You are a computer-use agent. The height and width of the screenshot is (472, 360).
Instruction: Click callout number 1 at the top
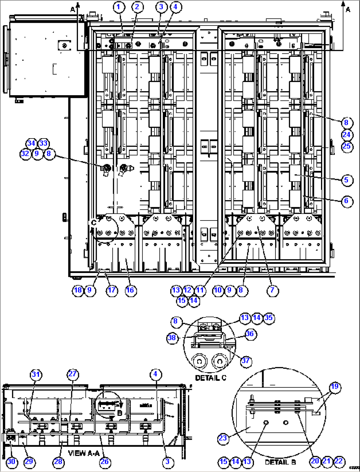pyautogui.click(x=119, y=7)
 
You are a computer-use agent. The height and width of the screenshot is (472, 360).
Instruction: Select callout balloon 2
pyautogui.click(x=137, y=7)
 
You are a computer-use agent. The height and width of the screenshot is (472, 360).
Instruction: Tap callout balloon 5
pyautogui.click(x=346, y=180)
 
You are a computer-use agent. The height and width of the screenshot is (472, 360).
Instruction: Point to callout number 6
pyautogui.click(x=346, y=201)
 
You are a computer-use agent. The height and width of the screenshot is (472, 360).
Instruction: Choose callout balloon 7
pyautogui.click(x=272, y=290)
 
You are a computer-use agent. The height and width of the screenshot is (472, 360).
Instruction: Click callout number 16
pyautogui.click(x=130, y=290)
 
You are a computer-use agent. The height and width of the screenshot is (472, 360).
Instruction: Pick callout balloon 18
pyautogui.click(x=78, y=290)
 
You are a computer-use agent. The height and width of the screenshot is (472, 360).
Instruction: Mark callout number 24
pyautogui.click(x=346, y=135)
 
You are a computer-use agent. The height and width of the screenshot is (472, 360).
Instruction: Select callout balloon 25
pyautogui.click(x=346, y=146)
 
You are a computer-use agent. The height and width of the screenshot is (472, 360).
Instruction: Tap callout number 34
pyautogui.click(x=31, y=143)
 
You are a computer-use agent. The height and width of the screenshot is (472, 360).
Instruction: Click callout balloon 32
pyautogui.click(x=25, y=154)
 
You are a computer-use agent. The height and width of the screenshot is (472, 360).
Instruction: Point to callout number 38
pyautogui.click(x=172, y=338)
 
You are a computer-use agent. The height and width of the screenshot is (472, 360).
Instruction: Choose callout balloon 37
pyautogui.click(x=245, y=360)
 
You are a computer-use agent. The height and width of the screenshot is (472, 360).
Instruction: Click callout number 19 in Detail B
pyautogui.click(x=335, y=387)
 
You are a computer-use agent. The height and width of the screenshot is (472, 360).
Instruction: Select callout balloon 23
pyautogui.click(x=223, y=438)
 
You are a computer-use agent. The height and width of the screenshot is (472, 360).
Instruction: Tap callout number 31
pyautogui.click(x=36, y=374)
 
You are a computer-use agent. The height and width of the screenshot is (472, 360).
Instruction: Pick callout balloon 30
pyautogui.click(x=11, y=461)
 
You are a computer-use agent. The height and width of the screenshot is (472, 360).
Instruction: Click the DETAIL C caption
pyautogui.click(x=211, y=377)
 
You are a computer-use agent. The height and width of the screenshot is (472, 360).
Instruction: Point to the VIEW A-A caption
pyautogui.click(x=84, y=453)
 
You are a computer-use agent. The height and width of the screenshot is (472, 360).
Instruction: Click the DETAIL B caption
pyautogui.click(x=280, y=462)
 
